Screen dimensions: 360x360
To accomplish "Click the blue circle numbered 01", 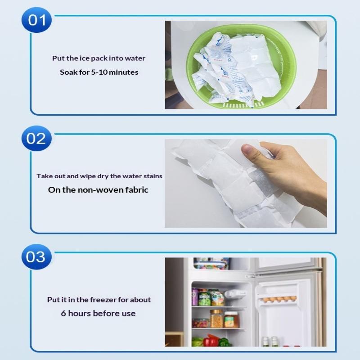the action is coord(36,20).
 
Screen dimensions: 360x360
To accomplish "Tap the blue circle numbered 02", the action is coord(36,139).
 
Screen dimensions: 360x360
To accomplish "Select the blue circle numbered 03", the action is coord(36,256).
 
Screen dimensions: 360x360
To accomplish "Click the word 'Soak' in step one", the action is coord(68,72).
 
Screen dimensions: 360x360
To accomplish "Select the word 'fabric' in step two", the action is coord(137,190).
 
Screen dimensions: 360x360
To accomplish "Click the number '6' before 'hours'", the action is coord(63,313).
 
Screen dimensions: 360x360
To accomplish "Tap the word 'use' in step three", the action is coord(129,314).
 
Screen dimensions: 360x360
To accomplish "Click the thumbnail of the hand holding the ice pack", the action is coord(246,183).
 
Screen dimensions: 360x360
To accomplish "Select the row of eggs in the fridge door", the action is coord(279,299).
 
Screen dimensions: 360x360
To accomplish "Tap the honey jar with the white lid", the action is coord(231,319).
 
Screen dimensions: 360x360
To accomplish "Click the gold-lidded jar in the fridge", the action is coord(216,318).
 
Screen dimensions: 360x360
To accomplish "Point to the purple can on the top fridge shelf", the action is coord(195,297).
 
